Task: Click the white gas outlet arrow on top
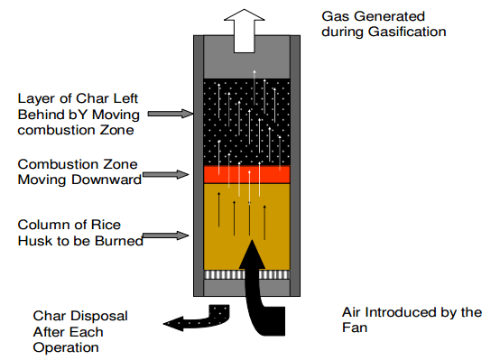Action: (x=245, y=31)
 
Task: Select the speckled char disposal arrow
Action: (x=204, y=319)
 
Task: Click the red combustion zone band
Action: (x=246, y=174)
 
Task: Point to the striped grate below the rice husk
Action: (x=246, y=275)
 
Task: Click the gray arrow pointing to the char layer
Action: (x=171, y=114)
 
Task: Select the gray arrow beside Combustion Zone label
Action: (x=165, y=174)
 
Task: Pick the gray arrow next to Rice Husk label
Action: (x=165, y=236)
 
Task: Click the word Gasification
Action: (x=407, y=32)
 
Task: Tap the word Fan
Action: (x=355, y=328)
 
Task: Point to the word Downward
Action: (x=106, y=180)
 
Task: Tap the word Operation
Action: (x=66, y=348)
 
